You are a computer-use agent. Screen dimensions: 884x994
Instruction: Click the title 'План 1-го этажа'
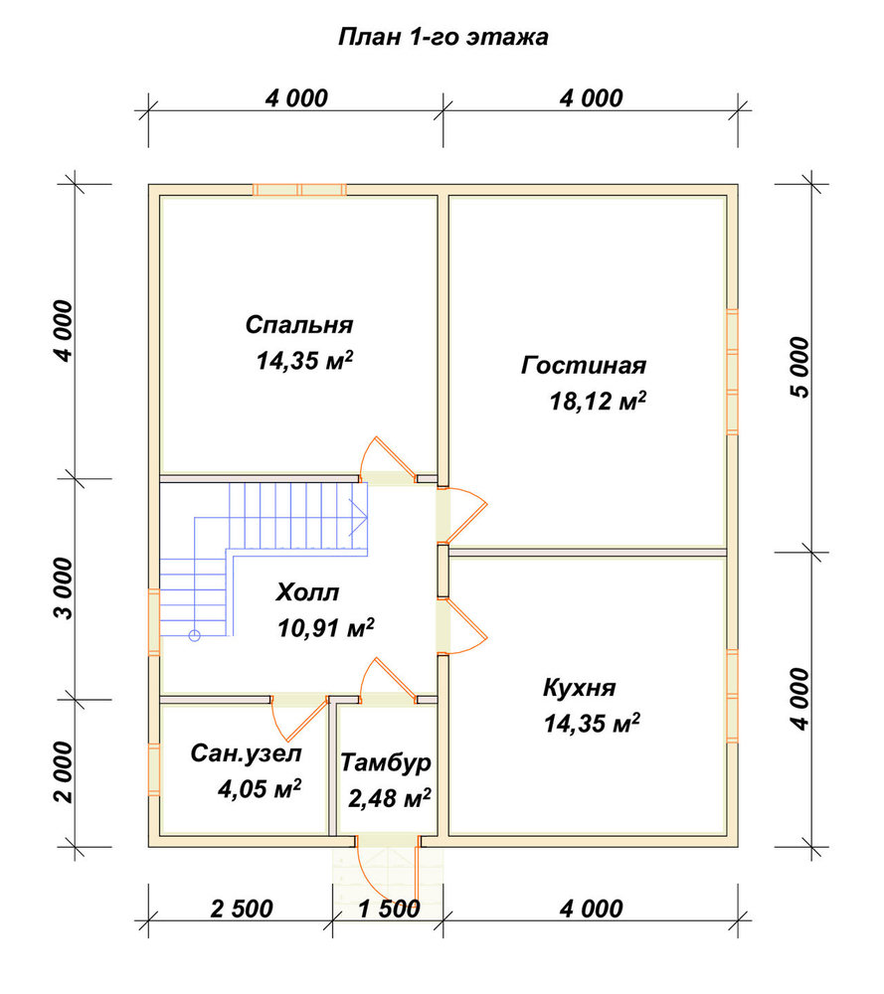click(x=442, y=38)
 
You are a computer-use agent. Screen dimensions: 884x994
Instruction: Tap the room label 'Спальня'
click(x=298, y=325)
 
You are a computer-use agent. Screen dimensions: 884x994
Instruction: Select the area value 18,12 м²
click(x=598, y=401)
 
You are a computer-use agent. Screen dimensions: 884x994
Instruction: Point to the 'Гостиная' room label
click(x=584, y=365)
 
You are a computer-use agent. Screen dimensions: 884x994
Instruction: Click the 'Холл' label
click(x=307, y=592)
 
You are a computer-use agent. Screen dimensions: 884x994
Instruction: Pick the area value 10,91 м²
click(x=325, y=627)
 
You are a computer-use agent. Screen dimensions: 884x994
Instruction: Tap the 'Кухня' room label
click(x=579, y=688)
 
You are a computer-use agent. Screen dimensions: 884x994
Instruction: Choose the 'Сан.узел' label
click(x=246, y=753)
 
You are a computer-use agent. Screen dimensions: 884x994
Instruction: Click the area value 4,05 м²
click(x=259, y=788)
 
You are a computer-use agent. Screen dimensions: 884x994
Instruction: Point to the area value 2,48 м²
click(x=390, y=798)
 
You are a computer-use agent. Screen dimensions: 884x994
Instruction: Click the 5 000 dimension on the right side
click(x=800, y=367)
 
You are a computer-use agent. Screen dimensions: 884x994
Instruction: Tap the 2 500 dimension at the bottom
click(x=242, y=909)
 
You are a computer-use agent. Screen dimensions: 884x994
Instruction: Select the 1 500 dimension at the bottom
click(x=389, y=909)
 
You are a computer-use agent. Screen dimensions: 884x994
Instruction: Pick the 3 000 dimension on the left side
click(x=64, y=588)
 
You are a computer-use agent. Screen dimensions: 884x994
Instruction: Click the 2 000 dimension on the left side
click(x=64, y=772)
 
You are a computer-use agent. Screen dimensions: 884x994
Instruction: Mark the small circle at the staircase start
click(x=194, y=635)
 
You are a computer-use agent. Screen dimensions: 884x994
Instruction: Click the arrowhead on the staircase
click(x=360, y=517)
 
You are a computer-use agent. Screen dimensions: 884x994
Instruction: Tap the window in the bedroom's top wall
click(x=299, y=190)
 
